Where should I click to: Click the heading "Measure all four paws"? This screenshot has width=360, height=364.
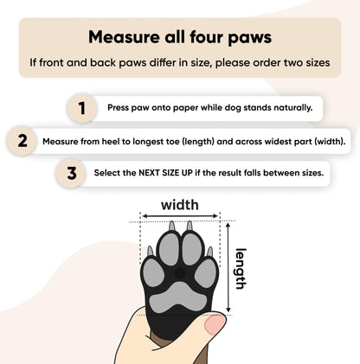tap(179, 37)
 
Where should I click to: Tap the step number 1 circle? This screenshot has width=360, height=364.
tap(82, 108)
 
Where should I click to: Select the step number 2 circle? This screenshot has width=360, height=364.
tap(22, 140)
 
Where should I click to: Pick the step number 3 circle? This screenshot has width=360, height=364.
tap(72, 172)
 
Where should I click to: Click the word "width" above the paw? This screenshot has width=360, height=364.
tap(180, 205)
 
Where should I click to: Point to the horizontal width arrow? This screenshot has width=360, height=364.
tap(180, 218)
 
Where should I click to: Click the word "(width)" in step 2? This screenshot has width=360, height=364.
tap(325, 140)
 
